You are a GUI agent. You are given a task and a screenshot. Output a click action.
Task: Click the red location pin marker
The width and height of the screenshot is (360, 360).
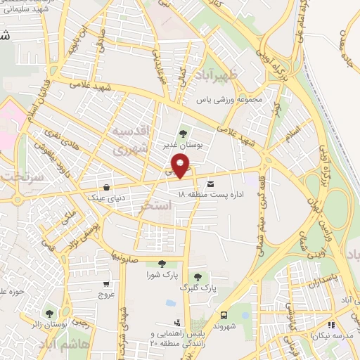click(x=182, y=167)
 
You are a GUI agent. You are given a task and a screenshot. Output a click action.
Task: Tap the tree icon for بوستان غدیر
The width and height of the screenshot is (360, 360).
click(x=184, y=133)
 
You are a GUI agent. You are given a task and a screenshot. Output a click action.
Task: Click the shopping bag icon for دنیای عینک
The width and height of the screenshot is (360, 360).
click(x=106, y=188)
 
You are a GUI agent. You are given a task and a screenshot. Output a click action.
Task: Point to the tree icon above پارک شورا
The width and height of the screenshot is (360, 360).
click(x=162, y=264)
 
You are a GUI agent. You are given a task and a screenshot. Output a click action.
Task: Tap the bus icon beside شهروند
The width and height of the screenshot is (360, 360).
click(x=224, y=315)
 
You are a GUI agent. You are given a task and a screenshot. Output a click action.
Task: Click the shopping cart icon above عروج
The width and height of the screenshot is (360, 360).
click(x=106, y=285)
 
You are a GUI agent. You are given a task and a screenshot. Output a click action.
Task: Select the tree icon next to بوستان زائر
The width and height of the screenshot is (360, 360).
click(x=49, y=314)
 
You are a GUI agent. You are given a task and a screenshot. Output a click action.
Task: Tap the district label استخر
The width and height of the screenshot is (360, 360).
click(x=155, y=205)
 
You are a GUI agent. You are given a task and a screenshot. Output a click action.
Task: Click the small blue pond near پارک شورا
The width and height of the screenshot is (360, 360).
click(x=170, y=303)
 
